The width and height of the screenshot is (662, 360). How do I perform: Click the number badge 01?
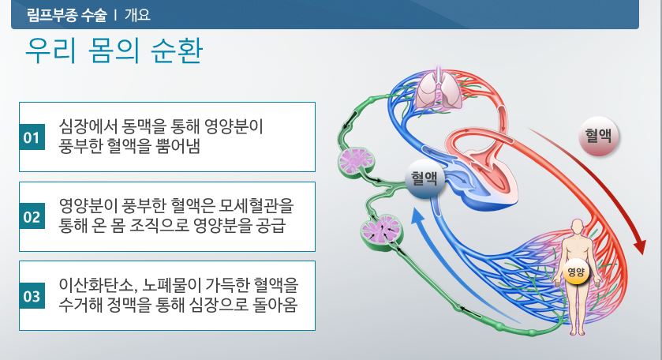[32, 137]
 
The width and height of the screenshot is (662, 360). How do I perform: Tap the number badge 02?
[32, 216]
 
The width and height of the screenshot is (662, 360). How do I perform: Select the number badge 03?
[32, 296]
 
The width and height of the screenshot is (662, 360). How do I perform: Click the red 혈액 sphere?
[598, 136]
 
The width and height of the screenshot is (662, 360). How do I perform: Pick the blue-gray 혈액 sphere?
[424, 178]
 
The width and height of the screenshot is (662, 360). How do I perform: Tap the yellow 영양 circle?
[576, 272]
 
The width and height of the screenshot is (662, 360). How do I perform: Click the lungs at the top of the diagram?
[439, 89]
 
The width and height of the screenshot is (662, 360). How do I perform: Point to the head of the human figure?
[578, 226]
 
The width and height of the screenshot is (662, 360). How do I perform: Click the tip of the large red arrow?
[642, 254]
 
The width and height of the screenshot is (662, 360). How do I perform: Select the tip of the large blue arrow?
[417, 211]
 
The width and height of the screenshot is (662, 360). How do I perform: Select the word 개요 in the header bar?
[137, 15]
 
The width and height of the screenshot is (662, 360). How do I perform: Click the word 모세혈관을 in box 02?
[256, 205]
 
